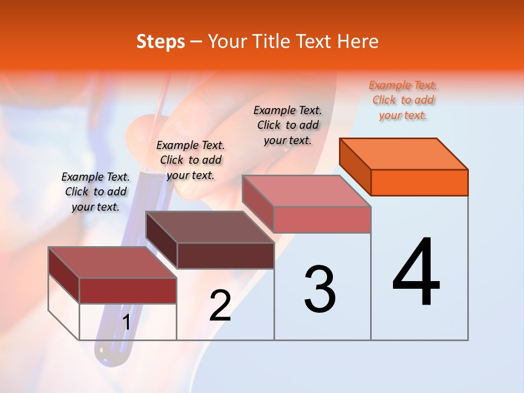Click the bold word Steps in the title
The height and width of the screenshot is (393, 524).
point(160,42)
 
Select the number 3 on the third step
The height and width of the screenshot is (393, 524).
point(320,289)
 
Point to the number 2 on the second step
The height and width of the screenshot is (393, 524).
point(221,306)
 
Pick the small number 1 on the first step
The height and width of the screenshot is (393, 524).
point(126,323)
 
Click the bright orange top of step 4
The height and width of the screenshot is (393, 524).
point(404,153)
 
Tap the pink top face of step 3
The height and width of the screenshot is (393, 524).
point(307,191)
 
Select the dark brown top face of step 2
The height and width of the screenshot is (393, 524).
point(210,227)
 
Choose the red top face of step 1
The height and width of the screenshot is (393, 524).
point(112,263)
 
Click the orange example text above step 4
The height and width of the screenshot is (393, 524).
point(403,100)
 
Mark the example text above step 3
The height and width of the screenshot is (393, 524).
point(288,126)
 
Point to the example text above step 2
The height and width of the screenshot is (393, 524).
point(190,160)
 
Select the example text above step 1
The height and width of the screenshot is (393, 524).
point(96,192)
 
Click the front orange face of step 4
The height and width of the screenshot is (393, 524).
point(419,182)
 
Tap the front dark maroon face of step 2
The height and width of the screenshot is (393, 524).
point(225,255)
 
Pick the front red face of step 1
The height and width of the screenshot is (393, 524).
point(128,290)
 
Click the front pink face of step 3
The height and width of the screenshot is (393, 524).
point(322,219)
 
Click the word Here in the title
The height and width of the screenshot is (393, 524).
point(358,42)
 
